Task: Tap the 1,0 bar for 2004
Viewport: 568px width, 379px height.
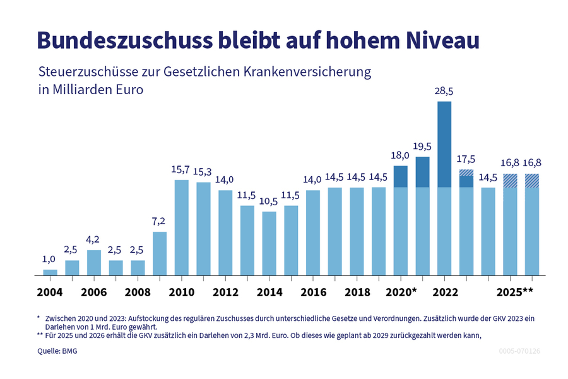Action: pos(50,272)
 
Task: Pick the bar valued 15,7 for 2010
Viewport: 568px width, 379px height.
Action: pos(182,227)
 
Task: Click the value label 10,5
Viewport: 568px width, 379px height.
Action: pos(269,202)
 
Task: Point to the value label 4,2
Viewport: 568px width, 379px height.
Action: pos(94,240)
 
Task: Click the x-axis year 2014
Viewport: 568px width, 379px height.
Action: pos(269,292)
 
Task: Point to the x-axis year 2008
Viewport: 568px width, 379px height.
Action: pos(138,292)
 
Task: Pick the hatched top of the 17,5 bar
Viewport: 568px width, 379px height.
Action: pos(466,172)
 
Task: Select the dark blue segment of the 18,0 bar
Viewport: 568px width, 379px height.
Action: pos(401,177)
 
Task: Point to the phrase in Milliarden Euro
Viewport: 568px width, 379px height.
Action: pos(91,90)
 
